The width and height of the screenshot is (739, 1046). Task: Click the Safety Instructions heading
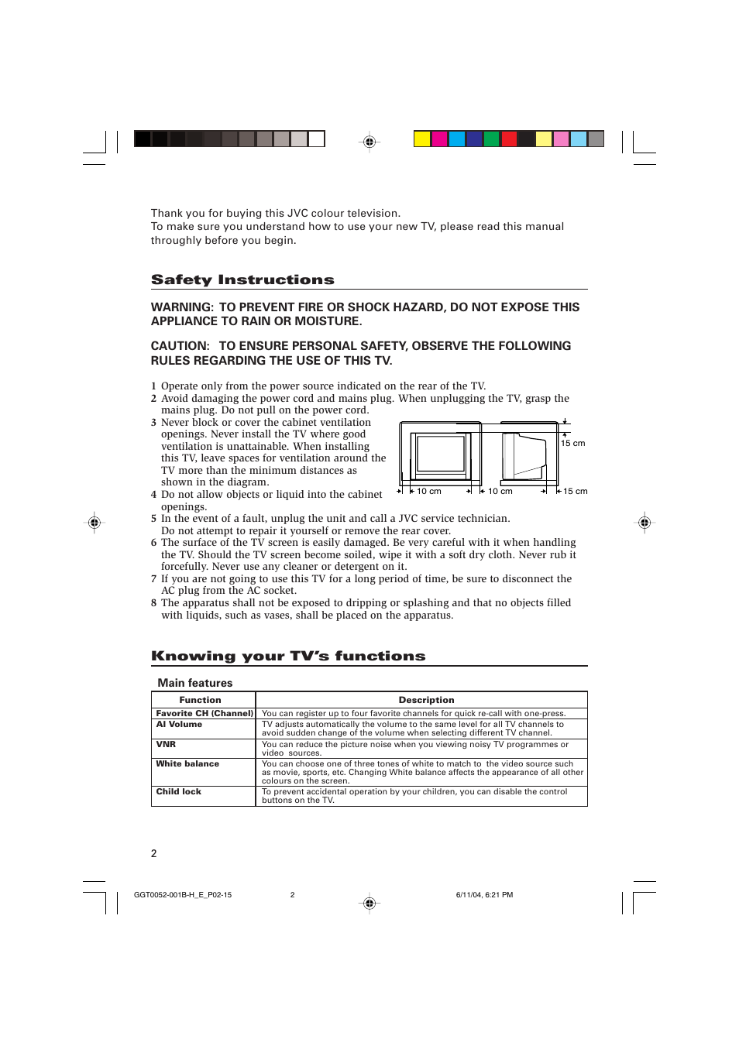(x=242, y=280)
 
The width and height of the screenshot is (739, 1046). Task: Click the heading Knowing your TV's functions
(x=288, y=656)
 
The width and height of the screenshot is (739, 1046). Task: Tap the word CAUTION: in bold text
(x=180, y=346)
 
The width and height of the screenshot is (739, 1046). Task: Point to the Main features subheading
(x=195, y=683)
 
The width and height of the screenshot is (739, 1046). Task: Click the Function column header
(x=200, y=700)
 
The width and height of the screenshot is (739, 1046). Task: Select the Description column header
(x=426, y=700)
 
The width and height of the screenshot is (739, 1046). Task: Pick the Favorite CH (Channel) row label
(x=205, y=714)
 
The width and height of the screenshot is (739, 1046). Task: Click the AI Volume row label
(x=179, y=725)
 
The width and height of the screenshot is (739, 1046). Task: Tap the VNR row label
(x=166, y=744)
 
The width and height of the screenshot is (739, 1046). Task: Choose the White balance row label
(x=187, y=764)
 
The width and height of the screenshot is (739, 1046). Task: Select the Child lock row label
(x=178, y=792)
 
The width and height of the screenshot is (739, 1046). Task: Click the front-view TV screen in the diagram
(x=440, y=454)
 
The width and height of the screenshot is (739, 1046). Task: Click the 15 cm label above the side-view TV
(x=573, y=444)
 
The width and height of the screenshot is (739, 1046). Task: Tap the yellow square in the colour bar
(x=421, y=139)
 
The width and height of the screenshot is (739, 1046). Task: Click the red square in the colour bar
(x=509, y=139)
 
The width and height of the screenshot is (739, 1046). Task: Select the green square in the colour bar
(x=491, y=139)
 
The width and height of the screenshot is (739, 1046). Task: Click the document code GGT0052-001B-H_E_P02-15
(x=183, y=895)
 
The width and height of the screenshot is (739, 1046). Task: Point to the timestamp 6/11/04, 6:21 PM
(x=484, y=895)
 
